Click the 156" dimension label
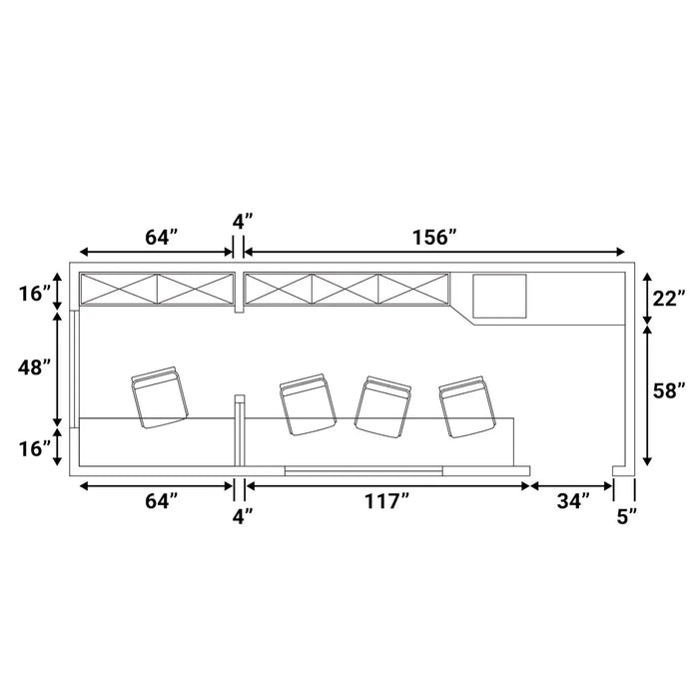point(434,238)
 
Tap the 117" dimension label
point(386,501)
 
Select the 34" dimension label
point(573,501)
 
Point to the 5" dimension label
point(627,517)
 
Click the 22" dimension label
point(669,299)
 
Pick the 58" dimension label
point(669,391)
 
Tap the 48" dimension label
point(34,367)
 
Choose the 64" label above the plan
point(162,238)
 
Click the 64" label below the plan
point(162,501)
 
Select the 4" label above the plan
point(243,222)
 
